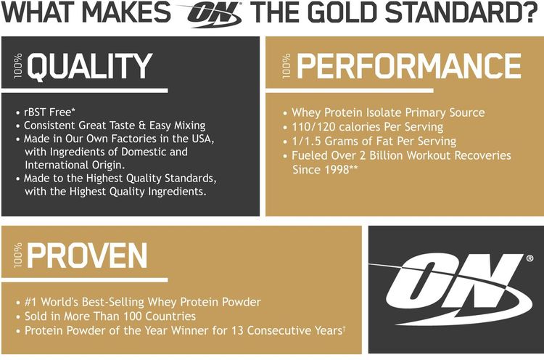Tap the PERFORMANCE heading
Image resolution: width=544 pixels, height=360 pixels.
(x=408, y=66)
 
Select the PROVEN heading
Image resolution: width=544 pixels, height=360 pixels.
(x=88, y=255)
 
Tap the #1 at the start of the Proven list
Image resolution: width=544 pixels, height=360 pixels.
(x=31, y=301)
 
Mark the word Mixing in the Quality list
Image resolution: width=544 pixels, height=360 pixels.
(x=186, y=126)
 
